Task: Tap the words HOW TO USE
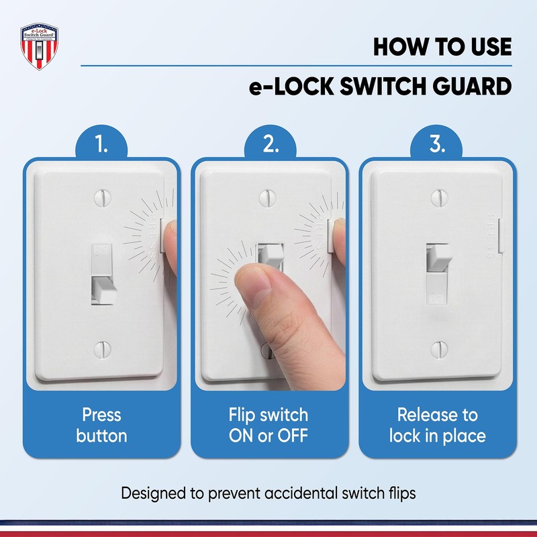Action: [x=442, y=48]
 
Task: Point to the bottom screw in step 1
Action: [x=102, y=348]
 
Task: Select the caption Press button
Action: [x=101, y=424]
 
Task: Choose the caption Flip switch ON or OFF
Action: [x=268, y=424]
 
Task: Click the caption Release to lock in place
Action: [x=437, y=424]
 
